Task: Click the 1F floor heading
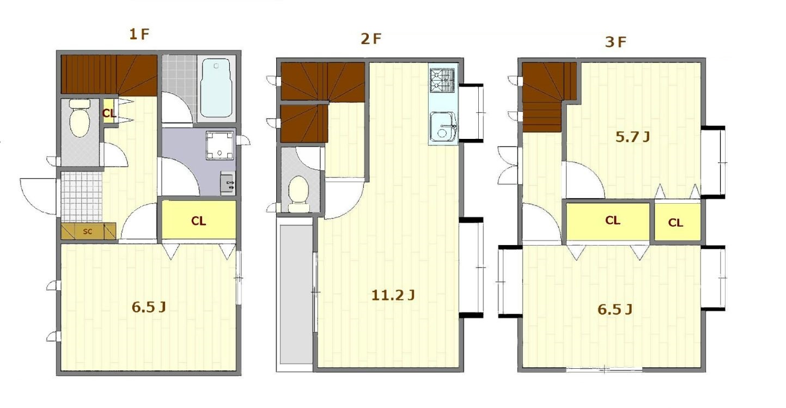(139, 34)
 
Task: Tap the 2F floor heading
(371, 39)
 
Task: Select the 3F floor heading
(616, 42)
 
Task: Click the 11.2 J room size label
(393, 295)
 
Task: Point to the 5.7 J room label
(632, 137)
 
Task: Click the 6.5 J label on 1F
(149, 307)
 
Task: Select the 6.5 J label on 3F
(615, 310)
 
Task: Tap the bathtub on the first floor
(216, 88)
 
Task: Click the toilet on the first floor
(80, 118)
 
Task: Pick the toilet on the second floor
(299, 194)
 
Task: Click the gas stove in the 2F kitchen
(442, 80)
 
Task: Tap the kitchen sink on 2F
(443, 126)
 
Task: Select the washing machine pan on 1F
(220, 145)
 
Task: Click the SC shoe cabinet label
(87, 232)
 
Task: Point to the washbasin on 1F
(228, 183)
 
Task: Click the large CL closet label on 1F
(199, 221)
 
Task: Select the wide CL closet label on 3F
(613, 220)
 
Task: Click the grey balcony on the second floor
(296, 294)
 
